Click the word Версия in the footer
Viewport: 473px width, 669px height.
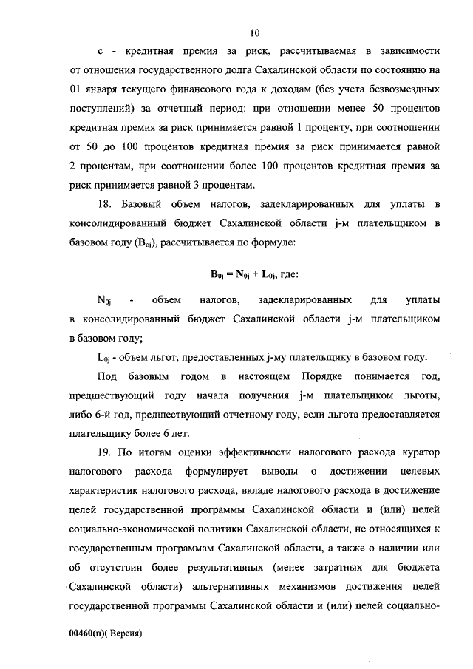click(122, 634)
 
